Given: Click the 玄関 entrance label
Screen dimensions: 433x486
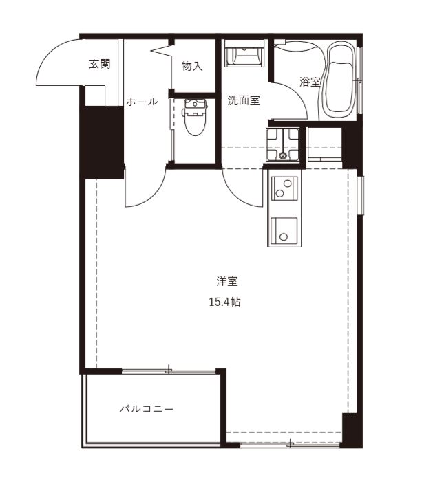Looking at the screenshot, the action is pos(100,64).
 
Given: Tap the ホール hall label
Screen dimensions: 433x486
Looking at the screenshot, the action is pos(142,102).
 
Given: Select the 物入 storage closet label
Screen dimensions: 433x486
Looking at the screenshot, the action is pos(192,66).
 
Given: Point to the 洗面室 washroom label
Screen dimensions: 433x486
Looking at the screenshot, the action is pos(244,100).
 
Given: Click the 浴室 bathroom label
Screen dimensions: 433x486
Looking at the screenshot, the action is pos(310,82).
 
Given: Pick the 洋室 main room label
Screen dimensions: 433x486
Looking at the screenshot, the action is pos(227,281).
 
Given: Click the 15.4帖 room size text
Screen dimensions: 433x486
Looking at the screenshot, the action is pos(224,302).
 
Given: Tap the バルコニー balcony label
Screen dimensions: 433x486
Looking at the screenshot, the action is pos(147,409).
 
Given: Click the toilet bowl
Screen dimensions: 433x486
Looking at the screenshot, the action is pos(196,118).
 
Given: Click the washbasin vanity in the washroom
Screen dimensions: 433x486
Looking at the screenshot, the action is pos(244,53).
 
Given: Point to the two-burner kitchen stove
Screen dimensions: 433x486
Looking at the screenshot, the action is pos(284,188).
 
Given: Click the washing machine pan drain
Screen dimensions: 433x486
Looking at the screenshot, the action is pos(282,155).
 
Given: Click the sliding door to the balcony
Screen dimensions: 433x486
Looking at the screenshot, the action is pos(169,371).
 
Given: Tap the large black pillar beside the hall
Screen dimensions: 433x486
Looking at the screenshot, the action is pos(103,142).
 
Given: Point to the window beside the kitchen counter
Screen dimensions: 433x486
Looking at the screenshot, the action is pos(360,195).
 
